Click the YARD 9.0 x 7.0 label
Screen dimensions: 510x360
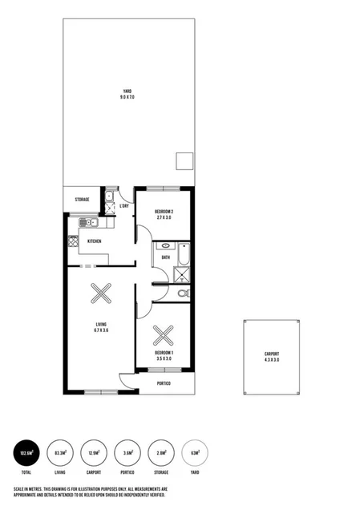[127, 93]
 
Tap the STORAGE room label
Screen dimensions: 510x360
[82, 200]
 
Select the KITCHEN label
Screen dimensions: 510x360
[94, 241]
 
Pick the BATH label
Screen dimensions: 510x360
[165, 257]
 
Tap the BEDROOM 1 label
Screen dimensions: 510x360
[164, 355]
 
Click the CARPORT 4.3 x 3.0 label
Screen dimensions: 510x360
[273, 357]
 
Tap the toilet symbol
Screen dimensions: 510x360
[183, 294]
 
